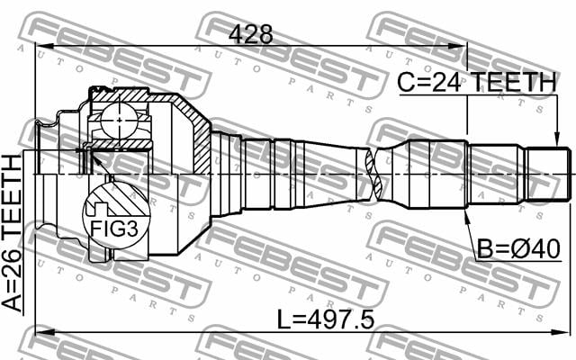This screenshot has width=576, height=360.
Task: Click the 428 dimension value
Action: tap(251, 34)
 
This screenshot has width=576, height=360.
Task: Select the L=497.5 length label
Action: tap(325, 319)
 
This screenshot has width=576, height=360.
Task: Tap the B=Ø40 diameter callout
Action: tap(518, 248)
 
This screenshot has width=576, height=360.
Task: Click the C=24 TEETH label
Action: tap(477, 82)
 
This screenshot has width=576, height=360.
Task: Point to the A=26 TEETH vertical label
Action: tap(12, 234)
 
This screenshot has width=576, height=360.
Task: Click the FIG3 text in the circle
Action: tap(114, 229)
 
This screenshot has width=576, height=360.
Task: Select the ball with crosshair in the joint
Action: tap(119, 121)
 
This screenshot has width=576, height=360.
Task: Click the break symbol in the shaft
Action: tap(374, 174)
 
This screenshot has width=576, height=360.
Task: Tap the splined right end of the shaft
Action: tap(548, 174)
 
